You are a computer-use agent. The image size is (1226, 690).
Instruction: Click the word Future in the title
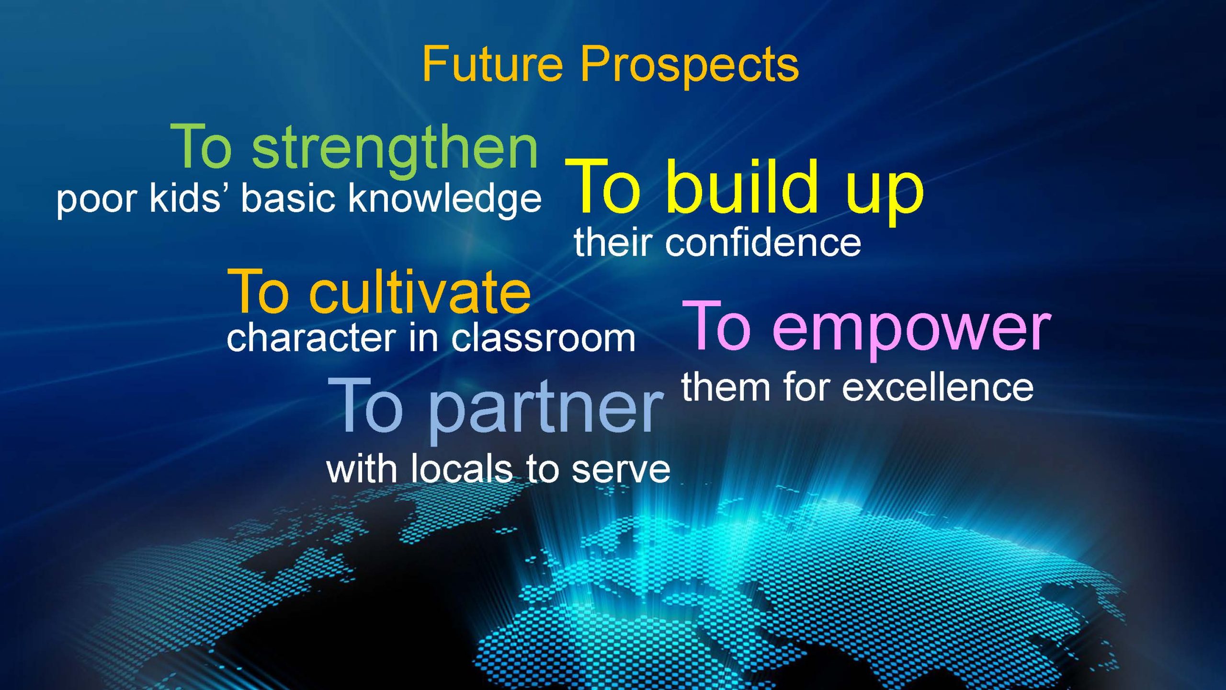click(x=493, y=64)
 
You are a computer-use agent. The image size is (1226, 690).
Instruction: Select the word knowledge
click(x=445, y=199)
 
